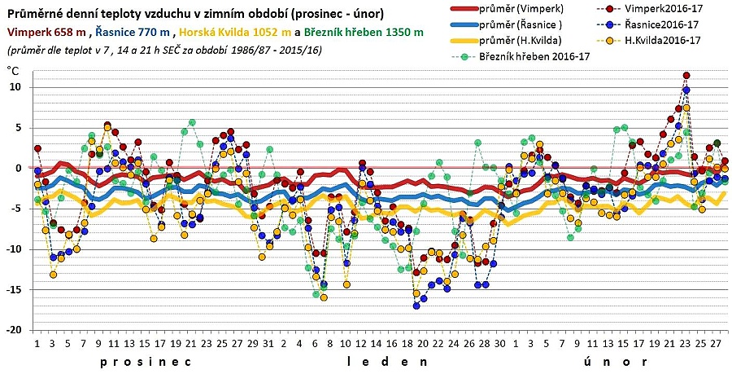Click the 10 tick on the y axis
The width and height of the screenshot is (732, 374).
tap(15, 87)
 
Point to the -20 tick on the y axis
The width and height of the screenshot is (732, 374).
tap(13, 330)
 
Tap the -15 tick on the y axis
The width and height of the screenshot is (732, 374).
tap(13, 289)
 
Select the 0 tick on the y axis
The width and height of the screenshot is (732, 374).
tap(18, 168)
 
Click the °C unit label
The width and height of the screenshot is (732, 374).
tap(13, 71)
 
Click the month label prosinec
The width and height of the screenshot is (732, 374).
tap(146, 360)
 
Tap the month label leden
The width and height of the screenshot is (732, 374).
tap(387, 360)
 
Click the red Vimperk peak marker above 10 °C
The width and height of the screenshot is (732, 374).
tap(686, 76)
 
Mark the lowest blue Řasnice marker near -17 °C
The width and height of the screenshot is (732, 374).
tap(416, 306)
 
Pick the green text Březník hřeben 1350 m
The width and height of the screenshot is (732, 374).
tap(364, 33)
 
